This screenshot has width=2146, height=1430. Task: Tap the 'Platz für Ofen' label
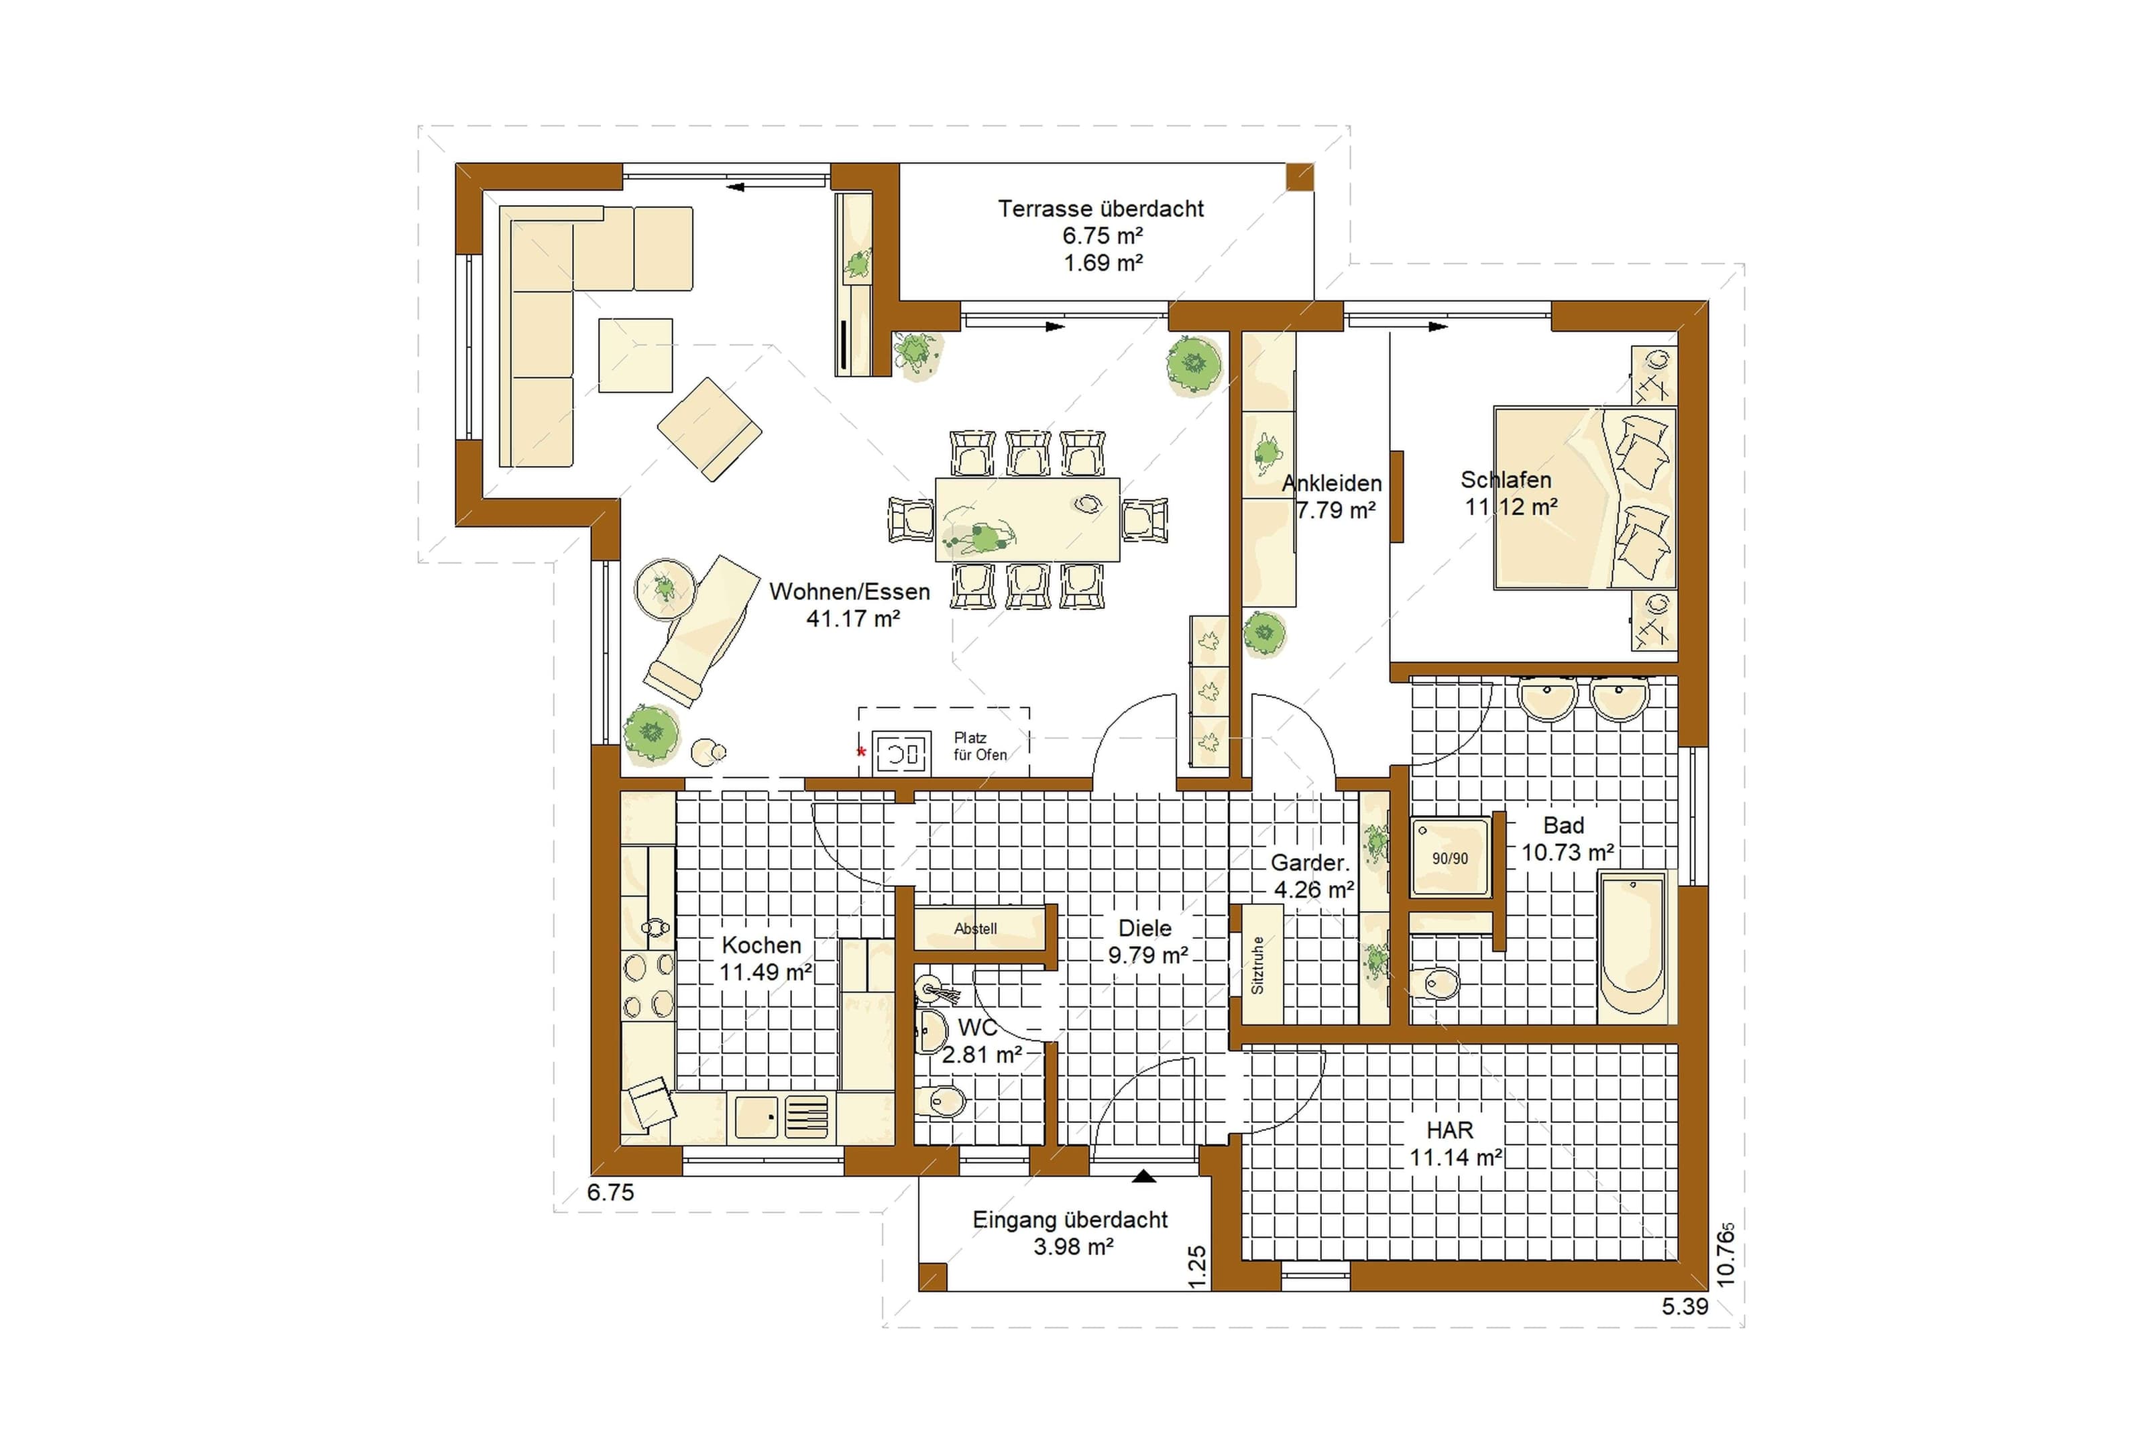pos(980,746)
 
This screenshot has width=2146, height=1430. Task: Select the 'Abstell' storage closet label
pos(975,929)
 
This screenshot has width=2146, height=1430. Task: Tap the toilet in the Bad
pos(1434,983)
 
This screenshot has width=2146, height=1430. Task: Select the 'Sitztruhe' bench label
pos(1257,965)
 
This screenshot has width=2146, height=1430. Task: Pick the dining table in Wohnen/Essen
pos(1028,519)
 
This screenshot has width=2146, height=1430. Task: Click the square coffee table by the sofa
pos(636,355)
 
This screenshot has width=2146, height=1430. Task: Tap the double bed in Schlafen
pos(1584,497)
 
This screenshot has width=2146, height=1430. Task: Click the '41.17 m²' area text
pos(853,618)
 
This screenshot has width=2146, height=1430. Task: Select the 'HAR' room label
pos(1449,1130)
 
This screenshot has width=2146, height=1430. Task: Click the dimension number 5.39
pos(1685,1306)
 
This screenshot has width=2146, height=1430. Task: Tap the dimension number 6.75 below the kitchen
pos(610,1192)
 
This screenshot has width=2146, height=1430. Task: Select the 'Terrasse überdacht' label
pos(1100,209)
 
